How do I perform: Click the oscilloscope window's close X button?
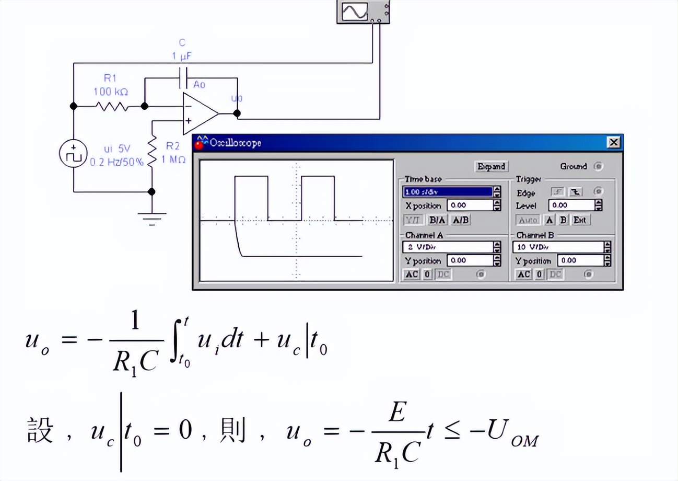[x=613, y=142]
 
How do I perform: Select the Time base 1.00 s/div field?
[x=447, y=192]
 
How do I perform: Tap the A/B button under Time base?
[x=460, y=220]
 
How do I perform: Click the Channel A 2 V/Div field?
[x=447, y=247]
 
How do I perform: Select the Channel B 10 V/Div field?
[x=558, y=247]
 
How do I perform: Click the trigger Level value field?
[x=571, y=205]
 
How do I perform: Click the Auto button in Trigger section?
[x=528, y=220]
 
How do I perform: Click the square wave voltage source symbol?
[x=74, y=155]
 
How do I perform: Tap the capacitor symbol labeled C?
[x=182, y=77]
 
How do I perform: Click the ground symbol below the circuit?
[x=152, y=217]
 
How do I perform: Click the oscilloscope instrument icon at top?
[x=363, y=12]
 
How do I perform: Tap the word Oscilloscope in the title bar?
[x=235, y=142]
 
